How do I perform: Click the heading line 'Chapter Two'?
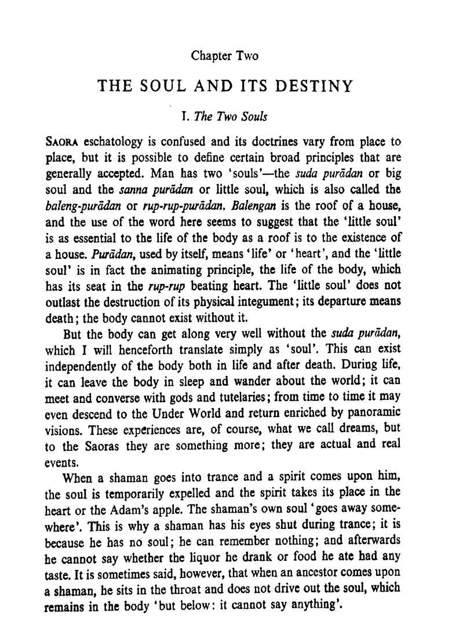click(224, 56)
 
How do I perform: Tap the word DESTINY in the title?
click(314, 86)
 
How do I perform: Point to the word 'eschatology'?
click(113, 142)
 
